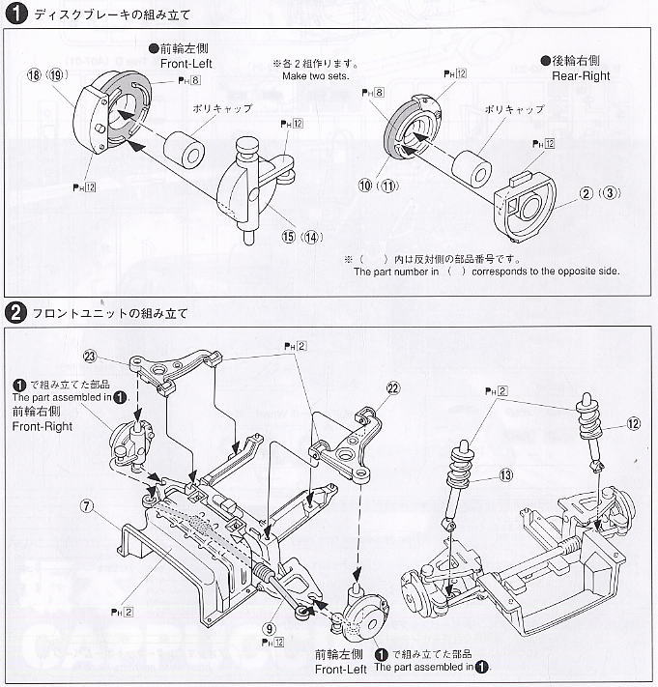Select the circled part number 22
391,389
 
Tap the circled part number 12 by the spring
632,421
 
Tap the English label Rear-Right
581,74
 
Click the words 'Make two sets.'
315,75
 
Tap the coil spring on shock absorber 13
459,470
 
